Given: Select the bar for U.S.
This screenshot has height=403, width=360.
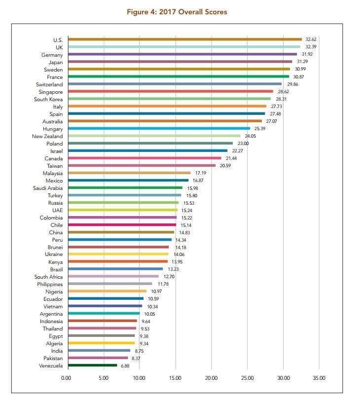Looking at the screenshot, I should pos(184,39).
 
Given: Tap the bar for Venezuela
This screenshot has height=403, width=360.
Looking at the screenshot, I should pos(93,366).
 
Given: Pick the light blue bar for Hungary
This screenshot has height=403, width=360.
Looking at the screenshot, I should pos(159,128).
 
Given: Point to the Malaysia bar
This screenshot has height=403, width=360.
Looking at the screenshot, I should pos(129,173).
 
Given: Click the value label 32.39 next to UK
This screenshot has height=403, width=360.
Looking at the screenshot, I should pos(311,46).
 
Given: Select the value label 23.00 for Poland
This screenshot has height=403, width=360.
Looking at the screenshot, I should pos(243,143).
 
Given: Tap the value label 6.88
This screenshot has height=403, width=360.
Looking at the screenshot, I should pos(125,366).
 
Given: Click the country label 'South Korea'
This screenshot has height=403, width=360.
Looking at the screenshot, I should pos(49,99).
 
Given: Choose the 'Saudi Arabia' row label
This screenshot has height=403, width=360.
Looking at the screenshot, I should pos(48,188).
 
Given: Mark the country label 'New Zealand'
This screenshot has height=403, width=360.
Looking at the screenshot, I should pos(47,136).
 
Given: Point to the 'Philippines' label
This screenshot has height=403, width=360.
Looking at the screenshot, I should pos(50,284).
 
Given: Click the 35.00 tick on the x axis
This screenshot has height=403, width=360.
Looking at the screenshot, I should pos(319,378).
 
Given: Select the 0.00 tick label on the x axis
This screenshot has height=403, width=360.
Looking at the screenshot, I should pos(66,378).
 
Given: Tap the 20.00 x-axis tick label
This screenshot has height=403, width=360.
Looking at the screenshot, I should pos(211,378).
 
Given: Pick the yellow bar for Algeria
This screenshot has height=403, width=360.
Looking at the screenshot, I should pos(101,343).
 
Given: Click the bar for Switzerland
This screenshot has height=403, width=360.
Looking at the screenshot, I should pos(175,84).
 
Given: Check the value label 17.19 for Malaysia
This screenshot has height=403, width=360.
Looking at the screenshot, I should pos(200,173).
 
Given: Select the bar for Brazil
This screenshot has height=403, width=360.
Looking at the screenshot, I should pos(115,269).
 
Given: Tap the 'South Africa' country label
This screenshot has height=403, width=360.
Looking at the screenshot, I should pos(48,277).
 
